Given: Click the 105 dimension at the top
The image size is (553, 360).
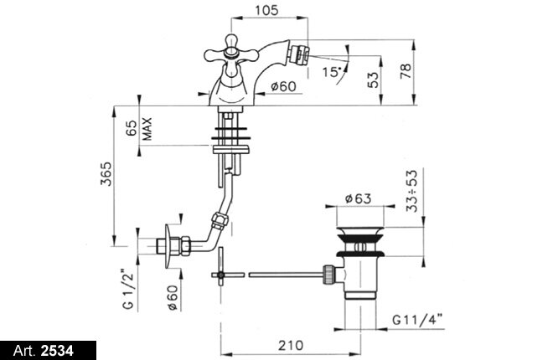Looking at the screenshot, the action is click(x=266, y=10).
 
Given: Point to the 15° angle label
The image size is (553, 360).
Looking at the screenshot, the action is click(x=333, y=72).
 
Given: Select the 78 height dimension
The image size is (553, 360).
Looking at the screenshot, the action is click(x=406, y=71).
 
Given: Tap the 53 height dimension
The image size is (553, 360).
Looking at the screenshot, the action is click(x=372, y=80).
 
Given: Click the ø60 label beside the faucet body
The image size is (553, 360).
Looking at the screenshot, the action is click(x=283, y=86).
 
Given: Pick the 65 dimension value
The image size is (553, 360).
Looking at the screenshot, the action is click(x=131, y=128).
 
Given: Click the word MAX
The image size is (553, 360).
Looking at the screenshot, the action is click(x=147, y=129).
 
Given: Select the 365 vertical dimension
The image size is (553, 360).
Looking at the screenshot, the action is click(x=106, y=173).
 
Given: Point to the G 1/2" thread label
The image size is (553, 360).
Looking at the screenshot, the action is click(x=129, y=289).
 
